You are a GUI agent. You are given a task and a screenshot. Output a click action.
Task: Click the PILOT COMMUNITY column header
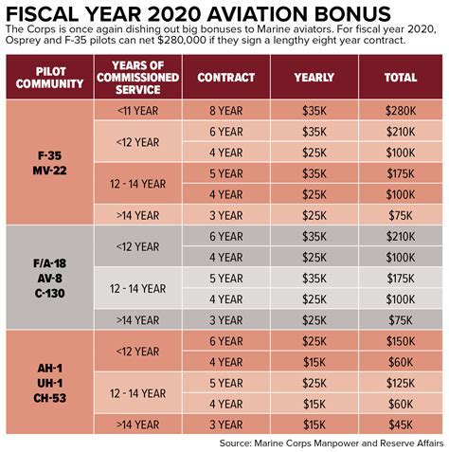pyautogui.click(x=48, y=78)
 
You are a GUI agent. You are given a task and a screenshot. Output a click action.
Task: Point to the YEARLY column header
pyautogui.click(x=314, y=78)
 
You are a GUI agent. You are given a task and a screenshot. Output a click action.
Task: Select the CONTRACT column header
pyautogui.click(x=227, y=78)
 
